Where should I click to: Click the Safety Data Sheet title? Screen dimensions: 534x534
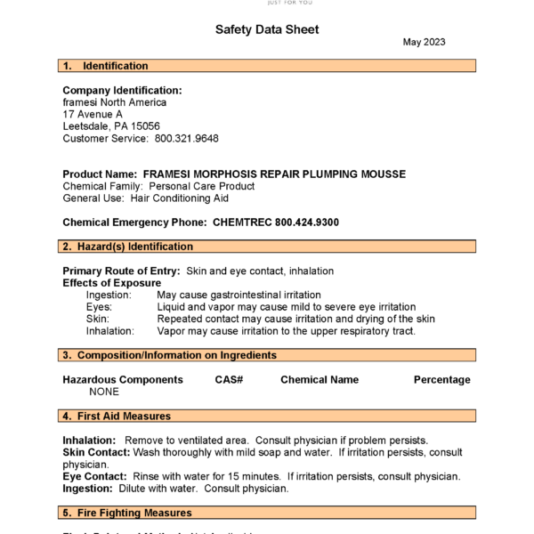pyautogui.click(x=267, y=29)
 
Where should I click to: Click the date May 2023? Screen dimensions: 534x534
pyautogui.click(x=424, y=42)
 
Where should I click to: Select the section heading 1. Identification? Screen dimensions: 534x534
pyautogui.click(x=105, y=66)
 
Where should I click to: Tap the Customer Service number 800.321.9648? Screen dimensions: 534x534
pyautogui.click(x=187, y=139)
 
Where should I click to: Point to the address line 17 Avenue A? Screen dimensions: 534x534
pyautogui.click(x=93, y=115)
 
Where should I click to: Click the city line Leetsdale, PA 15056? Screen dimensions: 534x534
pyautogui.click(x=111, y=126)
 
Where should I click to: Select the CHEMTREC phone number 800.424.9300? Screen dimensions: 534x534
pyautogui.click(x=307, y=222)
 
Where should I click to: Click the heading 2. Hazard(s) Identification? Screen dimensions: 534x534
pyautogui.click(x=127, y=247)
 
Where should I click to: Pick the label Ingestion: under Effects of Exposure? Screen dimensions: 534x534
pyautogui.click(x=109, y=295)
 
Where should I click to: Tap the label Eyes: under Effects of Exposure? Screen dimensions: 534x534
pyautogui.click(x=99, y=307)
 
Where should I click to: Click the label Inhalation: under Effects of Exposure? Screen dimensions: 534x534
pyautogui.click(x=110, y=331)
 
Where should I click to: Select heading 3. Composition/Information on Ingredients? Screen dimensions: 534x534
pyautogui.click(x=169, y=355)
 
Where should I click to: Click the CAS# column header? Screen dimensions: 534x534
pyautogui.click(x=229, y=380)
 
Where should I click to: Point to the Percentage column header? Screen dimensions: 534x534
pyautogui.click(x=441, y=380)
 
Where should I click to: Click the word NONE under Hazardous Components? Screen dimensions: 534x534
pyautogui.click(x=104, y=392)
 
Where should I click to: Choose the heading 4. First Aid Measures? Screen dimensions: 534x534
pyautogui.click(x=117, y=416)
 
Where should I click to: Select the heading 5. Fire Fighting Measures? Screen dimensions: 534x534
pyautogui.click(x=126, y=513)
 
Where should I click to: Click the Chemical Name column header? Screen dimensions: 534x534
pyautogui.click(x=320, y=380)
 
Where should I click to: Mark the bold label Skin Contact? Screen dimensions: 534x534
pyautogui.click(x=96, y=452)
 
